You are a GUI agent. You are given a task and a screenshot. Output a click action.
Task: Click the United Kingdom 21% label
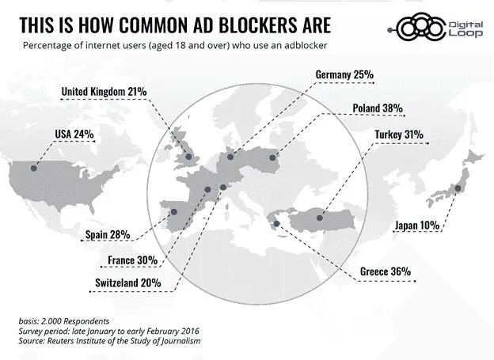[x=104, y=92]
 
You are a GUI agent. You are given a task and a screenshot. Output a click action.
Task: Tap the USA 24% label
[x=74, y=133]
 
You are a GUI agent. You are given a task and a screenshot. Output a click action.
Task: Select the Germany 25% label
[x=344, y=75]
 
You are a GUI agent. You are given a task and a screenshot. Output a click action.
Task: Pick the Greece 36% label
[x=386, y=271]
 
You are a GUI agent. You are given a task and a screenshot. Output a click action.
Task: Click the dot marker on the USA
[x=34, y=168]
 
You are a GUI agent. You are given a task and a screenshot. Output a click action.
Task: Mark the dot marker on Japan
[x=457, y=188]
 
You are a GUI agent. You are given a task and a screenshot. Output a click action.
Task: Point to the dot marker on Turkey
[x=321, y=217]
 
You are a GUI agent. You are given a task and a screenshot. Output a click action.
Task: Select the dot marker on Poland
[x=272, y=157]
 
